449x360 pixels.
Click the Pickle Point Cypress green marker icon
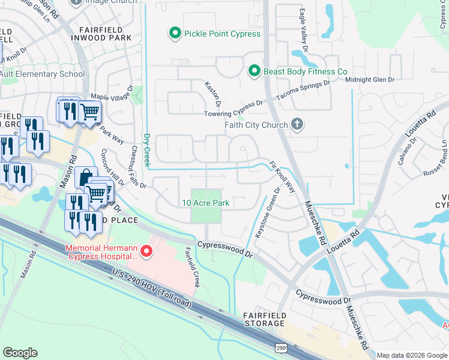point(175,34)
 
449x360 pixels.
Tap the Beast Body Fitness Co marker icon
point(254,71)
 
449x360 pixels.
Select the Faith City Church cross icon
point(296,125)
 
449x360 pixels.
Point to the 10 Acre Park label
point(206,203)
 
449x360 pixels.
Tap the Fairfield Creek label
point(191,266)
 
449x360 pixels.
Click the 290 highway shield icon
point(280,349)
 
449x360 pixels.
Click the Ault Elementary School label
point(42,74)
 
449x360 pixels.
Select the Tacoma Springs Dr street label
point(303,91)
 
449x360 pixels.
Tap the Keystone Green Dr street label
point(268,214)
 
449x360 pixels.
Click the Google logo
point(20,353)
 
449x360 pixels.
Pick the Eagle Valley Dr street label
point(303,27)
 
